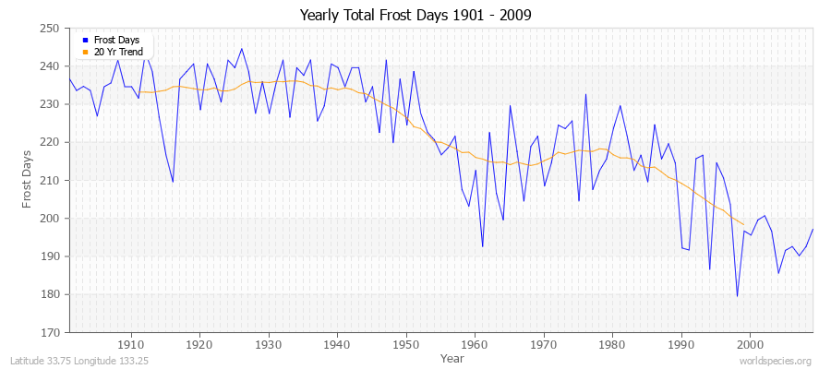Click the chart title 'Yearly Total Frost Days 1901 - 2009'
point(415,15)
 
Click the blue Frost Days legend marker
point(85,41)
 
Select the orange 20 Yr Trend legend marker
point(85,52)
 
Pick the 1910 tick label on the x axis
point(131,344)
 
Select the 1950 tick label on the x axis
point(405,344)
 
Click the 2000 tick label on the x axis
point(750,344)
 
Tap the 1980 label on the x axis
point(612,344)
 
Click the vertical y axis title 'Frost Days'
point(27,180)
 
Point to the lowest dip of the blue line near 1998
point(737,296)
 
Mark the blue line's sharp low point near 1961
point(482,246)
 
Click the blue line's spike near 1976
point(585,94)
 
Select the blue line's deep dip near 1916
point(173,182)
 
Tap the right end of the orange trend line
point(743,224)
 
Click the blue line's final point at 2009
point(813,229)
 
